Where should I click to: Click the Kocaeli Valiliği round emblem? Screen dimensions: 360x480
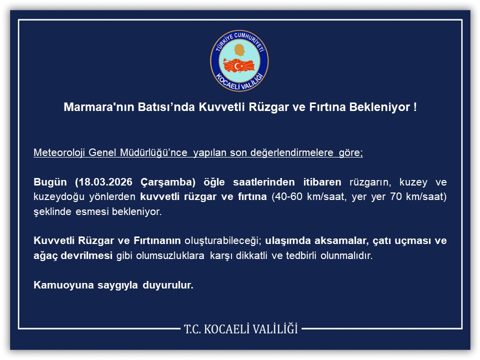(239, 60)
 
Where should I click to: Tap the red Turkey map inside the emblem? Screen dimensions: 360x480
(239, 65)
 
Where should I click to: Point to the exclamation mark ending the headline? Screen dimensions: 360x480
(415, 107)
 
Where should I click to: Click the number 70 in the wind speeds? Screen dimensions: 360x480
(394, 196)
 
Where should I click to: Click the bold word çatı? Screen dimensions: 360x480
(382, 241)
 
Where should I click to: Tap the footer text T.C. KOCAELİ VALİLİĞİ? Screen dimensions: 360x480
(240, 329)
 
